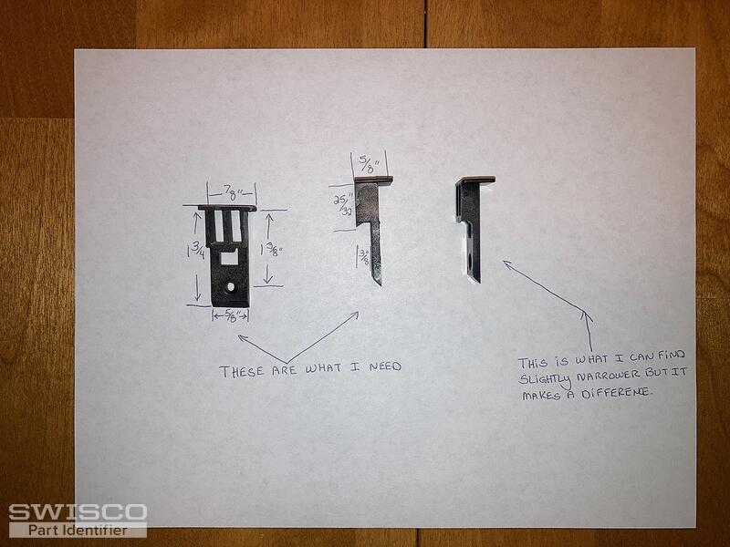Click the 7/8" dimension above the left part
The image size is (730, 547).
coord(232,191)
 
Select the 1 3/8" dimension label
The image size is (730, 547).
coord(272,250)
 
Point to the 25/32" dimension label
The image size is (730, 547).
coord(342,205)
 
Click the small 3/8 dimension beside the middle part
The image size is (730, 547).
coord(363,257)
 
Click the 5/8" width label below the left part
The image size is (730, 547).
coord(232,316)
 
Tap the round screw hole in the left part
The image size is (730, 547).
coord(231,287)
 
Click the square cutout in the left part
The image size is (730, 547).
coord(229,257)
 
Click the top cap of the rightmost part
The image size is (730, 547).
coord(475,180)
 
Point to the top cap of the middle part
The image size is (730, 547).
coord(373,180)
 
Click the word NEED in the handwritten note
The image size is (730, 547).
coord(385,366)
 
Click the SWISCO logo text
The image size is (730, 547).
coord(78,512)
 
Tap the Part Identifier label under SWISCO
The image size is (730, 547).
coord(78,531)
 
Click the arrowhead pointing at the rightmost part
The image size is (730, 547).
coord(508,264)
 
